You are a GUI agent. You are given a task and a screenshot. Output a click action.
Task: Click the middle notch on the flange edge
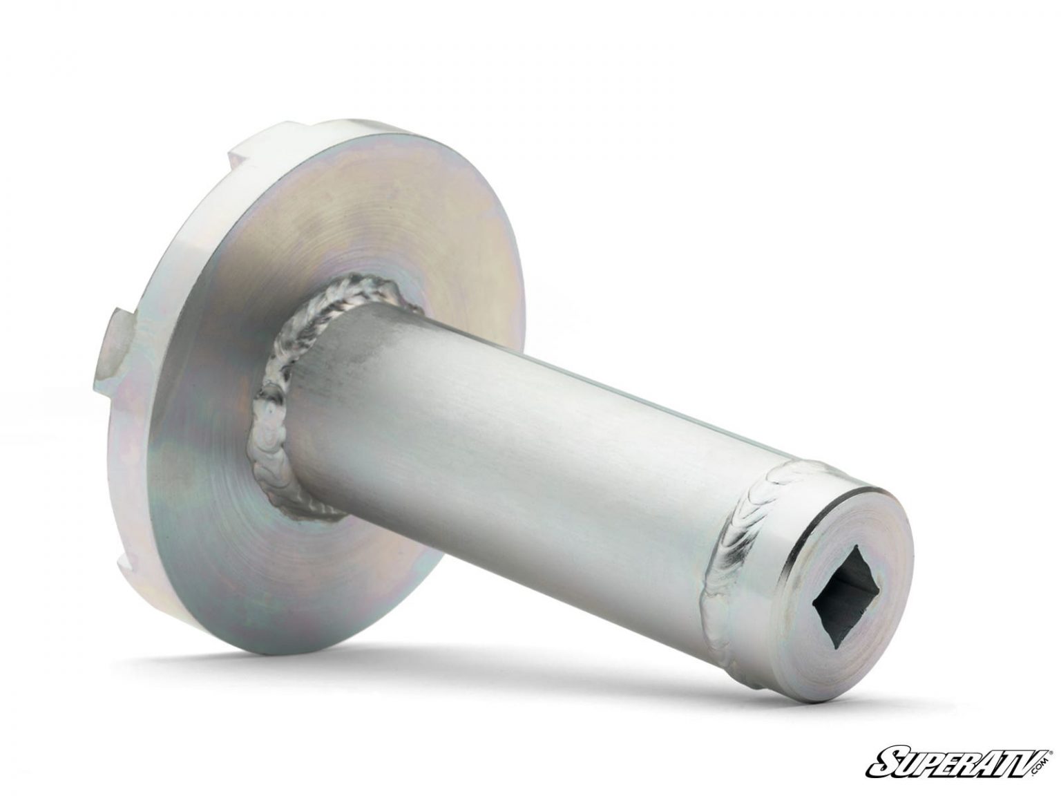(x=113, y=341)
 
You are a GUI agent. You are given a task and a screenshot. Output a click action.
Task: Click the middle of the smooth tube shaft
(x=508, y=435)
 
